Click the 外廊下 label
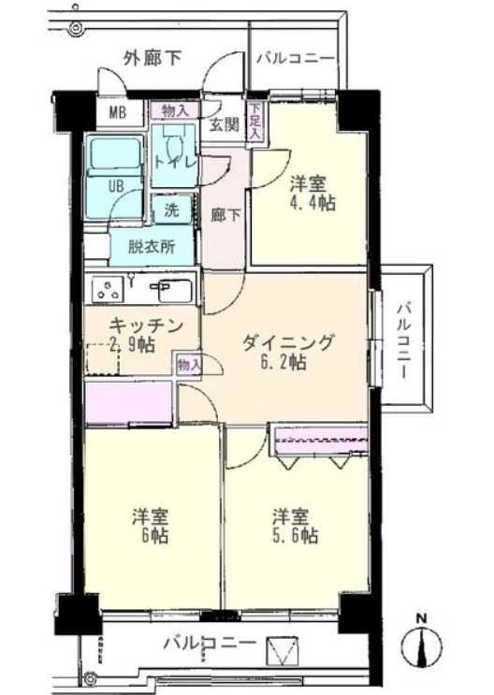(153, 58)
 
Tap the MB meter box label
(118, 112)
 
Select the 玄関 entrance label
(224, 125)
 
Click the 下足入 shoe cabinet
(255, 123)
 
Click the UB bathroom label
(116, 186)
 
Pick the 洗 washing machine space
(171, 210)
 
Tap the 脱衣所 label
(152, 246)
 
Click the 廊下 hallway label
(225, 215)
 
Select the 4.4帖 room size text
(312, 203)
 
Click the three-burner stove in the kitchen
(108, 289)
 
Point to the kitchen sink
(175, 290)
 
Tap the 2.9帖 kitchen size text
(132, 344)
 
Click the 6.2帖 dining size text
(283, 363)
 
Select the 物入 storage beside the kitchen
(189, 365)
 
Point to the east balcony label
(403, 340)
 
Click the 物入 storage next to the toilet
(176, 110)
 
